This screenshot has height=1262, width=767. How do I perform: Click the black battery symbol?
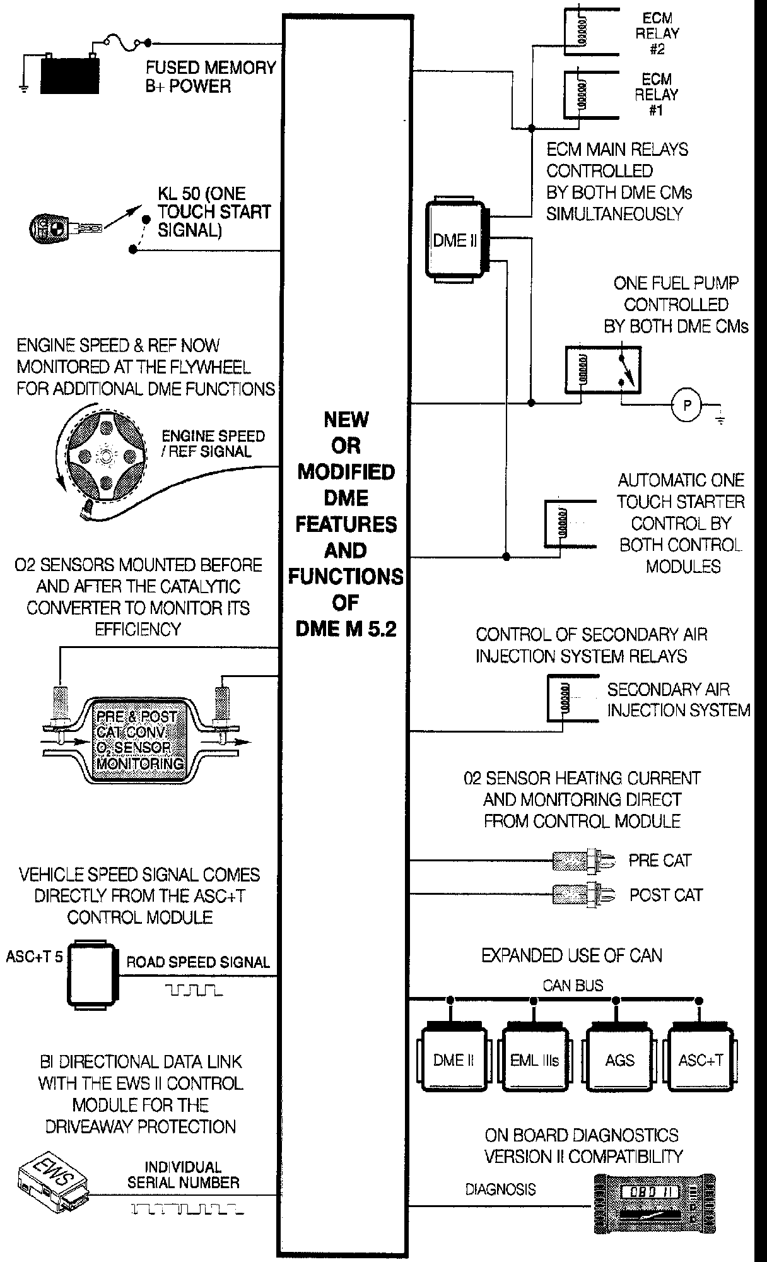pos(70,75)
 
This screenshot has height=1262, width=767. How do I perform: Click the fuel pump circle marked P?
pos(687,405)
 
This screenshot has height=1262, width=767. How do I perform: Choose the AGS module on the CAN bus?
pos(619,1059)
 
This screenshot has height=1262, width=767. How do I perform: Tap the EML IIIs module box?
pos(534,1059)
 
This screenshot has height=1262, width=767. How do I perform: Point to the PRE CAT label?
pos(660,861)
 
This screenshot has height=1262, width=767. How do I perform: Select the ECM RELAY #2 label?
pos(657,33)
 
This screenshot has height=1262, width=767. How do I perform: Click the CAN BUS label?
pos(573,985)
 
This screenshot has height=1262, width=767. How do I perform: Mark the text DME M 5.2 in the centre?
pos(346,629)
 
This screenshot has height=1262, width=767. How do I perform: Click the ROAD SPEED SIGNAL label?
pos(198,962)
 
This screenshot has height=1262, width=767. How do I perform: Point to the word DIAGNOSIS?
pos(500,1189)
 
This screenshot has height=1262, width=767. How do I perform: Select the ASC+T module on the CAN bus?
pos(701,1059)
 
